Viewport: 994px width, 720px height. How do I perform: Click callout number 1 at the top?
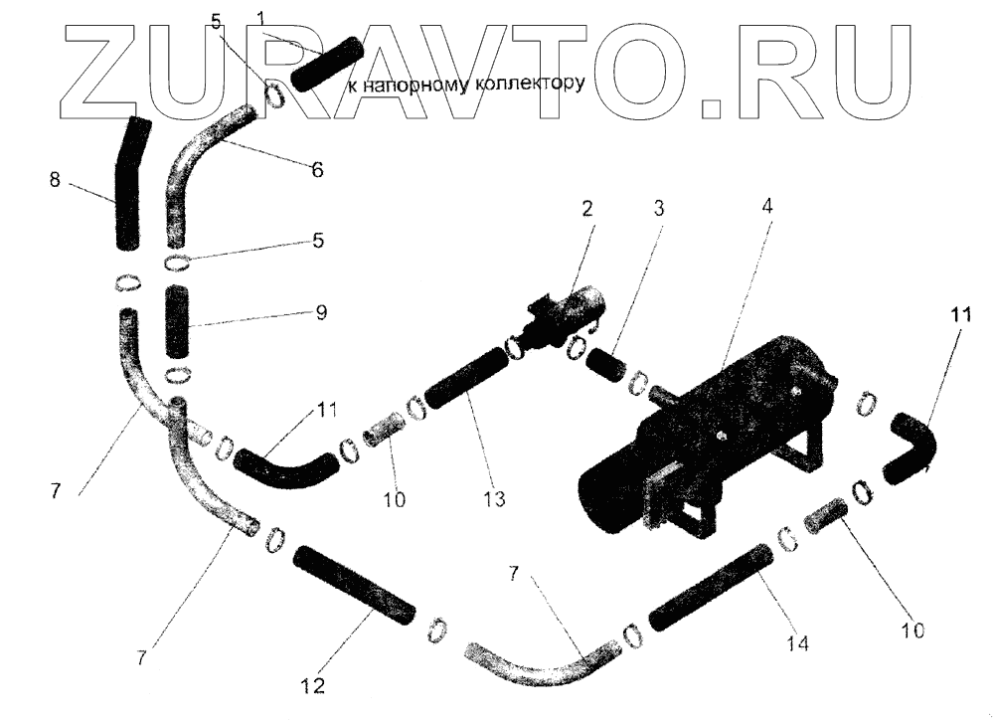pos(260,18)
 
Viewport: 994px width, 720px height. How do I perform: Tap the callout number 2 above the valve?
pos(586,209)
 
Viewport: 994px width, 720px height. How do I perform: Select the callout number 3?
pos(660,209)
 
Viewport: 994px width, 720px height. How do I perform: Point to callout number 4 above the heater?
pos(766,206)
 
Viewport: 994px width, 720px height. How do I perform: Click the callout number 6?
pos(316,170)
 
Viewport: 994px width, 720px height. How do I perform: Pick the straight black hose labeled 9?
pos(179,322)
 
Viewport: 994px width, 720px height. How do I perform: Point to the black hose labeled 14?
pos(710,588)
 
